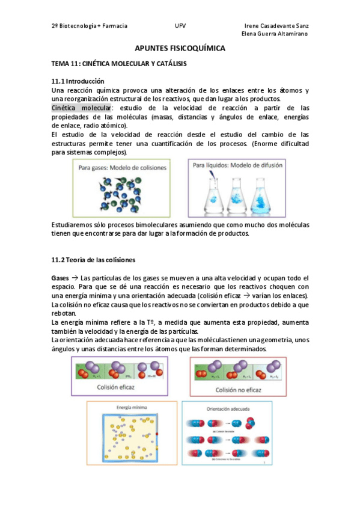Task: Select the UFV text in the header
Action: (180, 26)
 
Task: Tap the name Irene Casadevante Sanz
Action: (277, 26)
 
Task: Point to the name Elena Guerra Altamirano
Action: (275, 34)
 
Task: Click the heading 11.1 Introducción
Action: (78, 81)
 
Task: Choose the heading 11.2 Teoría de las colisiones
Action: (94, 260)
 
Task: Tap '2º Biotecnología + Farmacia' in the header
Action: (89, 26)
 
